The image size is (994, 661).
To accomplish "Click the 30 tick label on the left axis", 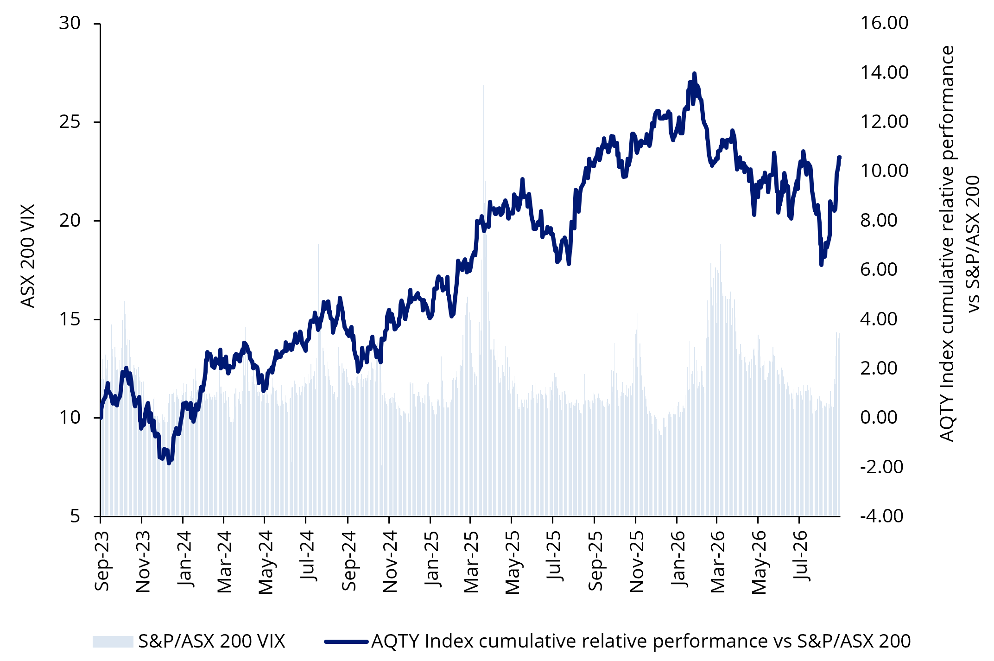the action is [70, 23].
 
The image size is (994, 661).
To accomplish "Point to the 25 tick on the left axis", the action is [70, 122].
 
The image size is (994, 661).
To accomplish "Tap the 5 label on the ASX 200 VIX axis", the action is [76, 516].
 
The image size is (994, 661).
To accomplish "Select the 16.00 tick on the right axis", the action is [884, 23].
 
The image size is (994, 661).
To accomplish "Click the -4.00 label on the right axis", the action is [881, 516].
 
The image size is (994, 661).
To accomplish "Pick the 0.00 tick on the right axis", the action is [879, 418].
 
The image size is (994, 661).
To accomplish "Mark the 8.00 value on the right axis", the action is [879, 220].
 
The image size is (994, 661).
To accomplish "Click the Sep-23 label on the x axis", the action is [101, 561].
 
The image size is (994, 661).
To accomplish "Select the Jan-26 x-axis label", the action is [678, 559].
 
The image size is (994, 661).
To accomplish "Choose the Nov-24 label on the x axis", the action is [390, 561].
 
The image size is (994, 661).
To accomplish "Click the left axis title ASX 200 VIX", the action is [28, 256].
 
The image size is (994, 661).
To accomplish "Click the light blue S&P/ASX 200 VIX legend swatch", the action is [113, 642].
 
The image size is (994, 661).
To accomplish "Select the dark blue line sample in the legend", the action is [346, 642].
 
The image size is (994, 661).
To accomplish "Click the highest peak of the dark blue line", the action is [694, 73].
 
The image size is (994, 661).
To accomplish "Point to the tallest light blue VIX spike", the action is [484, 85].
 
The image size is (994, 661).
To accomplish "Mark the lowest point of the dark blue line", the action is [169, 463].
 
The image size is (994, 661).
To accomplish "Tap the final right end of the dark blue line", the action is [839, 158].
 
